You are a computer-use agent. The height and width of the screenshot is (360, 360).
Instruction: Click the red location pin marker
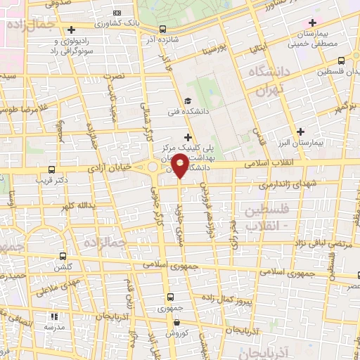pos(180,166)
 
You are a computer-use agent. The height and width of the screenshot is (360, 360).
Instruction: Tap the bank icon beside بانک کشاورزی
pos(116,13)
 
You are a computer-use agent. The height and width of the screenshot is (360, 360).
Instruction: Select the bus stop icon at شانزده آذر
pos(163,29)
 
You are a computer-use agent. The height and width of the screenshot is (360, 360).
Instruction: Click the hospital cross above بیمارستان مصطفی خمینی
pos(312,23)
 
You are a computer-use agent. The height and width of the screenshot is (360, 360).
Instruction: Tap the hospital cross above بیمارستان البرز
pos(301,131)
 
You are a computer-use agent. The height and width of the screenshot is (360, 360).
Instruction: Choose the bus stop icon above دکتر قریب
pos(51,169)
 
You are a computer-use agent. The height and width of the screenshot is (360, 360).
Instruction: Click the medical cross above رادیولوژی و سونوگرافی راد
pos(72,30)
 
